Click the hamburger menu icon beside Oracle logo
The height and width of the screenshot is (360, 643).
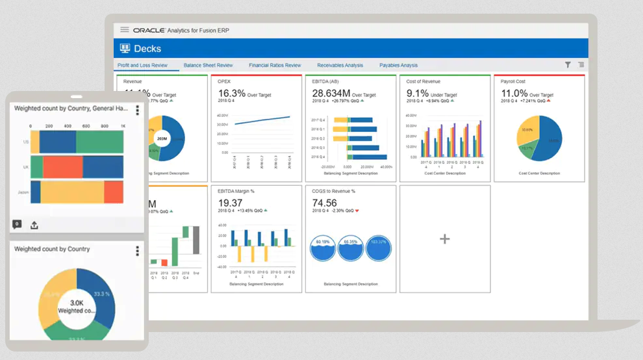point(125,30)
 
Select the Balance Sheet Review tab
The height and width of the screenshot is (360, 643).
point(208,66)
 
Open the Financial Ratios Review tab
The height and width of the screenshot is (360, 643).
point(275,66)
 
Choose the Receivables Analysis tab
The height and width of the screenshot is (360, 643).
point(340,66)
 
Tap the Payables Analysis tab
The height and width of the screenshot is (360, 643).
point(398,66)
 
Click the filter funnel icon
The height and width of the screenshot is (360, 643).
point(568,65)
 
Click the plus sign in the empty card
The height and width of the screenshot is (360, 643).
point(445,239)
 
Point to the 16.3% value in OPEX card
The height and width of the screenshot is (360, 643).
point(232,93)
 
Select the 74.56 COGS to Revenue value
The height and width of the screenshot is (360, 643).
point(325,203)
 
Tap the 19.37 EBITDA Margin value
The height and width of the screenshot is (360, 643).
point(231,203)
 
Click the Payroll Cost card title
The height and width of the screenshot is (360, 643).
point(513,82)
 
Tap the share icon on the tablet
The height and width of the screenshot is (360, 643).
point(34,225)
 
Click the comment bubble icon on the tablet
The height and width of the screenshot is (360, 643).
point(17,224)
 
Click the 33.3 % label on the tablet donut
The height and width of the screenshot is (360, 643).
point(102,294)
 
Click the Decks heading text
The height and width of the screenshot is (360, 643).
point(147,49)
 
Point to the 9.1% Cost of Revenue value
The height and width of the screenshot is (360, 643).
point(418,93)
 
